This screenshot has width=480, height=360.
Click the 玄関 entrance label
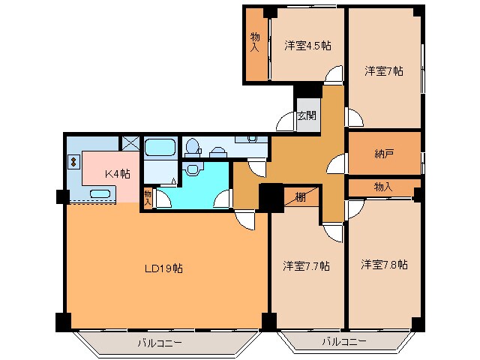(306, 115)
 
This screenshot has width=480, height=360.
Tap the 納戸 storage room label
(385, 154)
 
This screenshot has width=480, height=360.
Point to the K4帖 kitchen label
(117, 173)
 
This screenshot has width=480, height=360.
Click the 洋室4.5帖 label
(307, 46)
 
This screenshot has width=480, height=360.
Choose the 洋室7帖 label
(384, 71)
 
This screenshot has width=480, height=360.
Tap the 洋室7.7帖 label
(306, 265)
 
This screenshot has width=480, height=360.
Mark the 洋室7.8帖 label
(384, 265)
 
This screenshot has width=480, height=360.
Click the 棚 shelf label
(299, 198)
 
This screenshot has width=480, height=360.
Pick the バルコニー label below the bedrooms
(344, 342)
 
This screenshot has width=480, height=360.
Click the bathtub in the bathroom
(159, 147)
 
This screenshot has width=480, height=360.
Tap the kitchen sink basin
(100, 195)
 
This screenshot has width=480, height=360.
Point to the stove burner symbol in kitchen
(73, 160)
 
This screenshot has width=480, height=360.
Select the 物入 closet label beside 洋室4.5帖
(256, 42)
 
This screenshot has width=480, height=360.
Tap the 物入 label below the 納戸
(382, 186)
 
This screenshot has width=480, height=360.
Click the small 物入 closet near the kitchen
(148, 197)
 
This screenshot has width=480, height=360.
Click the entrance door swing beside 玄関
(286, 122)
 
